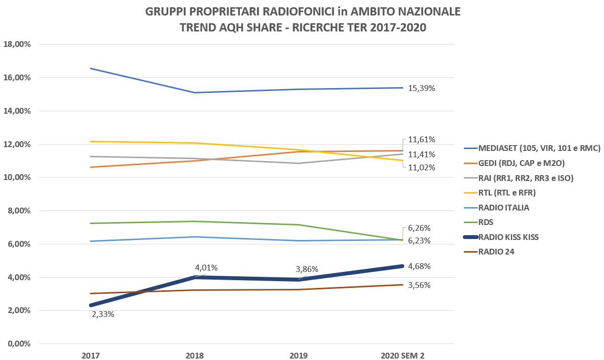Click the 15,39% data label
422,89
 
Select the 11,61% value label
422,140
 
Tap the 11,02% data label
422,168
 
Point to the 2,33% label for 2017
103,314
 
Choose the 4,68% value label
419,266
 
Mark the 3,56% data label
419,285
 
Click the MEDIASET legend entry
539,149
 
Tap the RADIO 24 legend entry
496,252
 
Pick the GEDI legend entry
521,163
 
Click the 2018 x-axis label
194,356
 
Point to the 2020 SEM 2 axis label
403,356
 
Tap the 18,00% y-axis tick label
17,44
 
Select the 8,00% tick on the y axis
19,211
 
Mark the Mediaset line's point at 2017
91,69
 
